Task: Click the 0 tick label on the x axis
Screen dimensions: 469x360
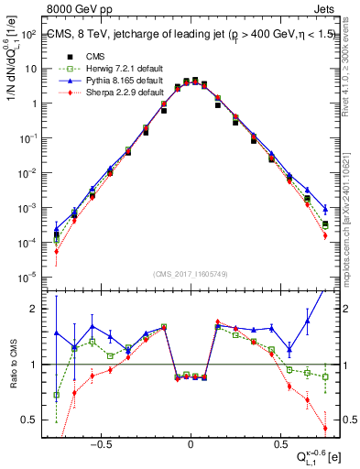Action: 191,442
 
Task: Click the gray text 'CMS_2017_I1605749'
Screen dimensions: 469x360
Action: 191,274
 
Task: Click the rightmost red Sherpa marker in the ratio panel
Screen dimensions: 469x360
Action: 325,428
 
